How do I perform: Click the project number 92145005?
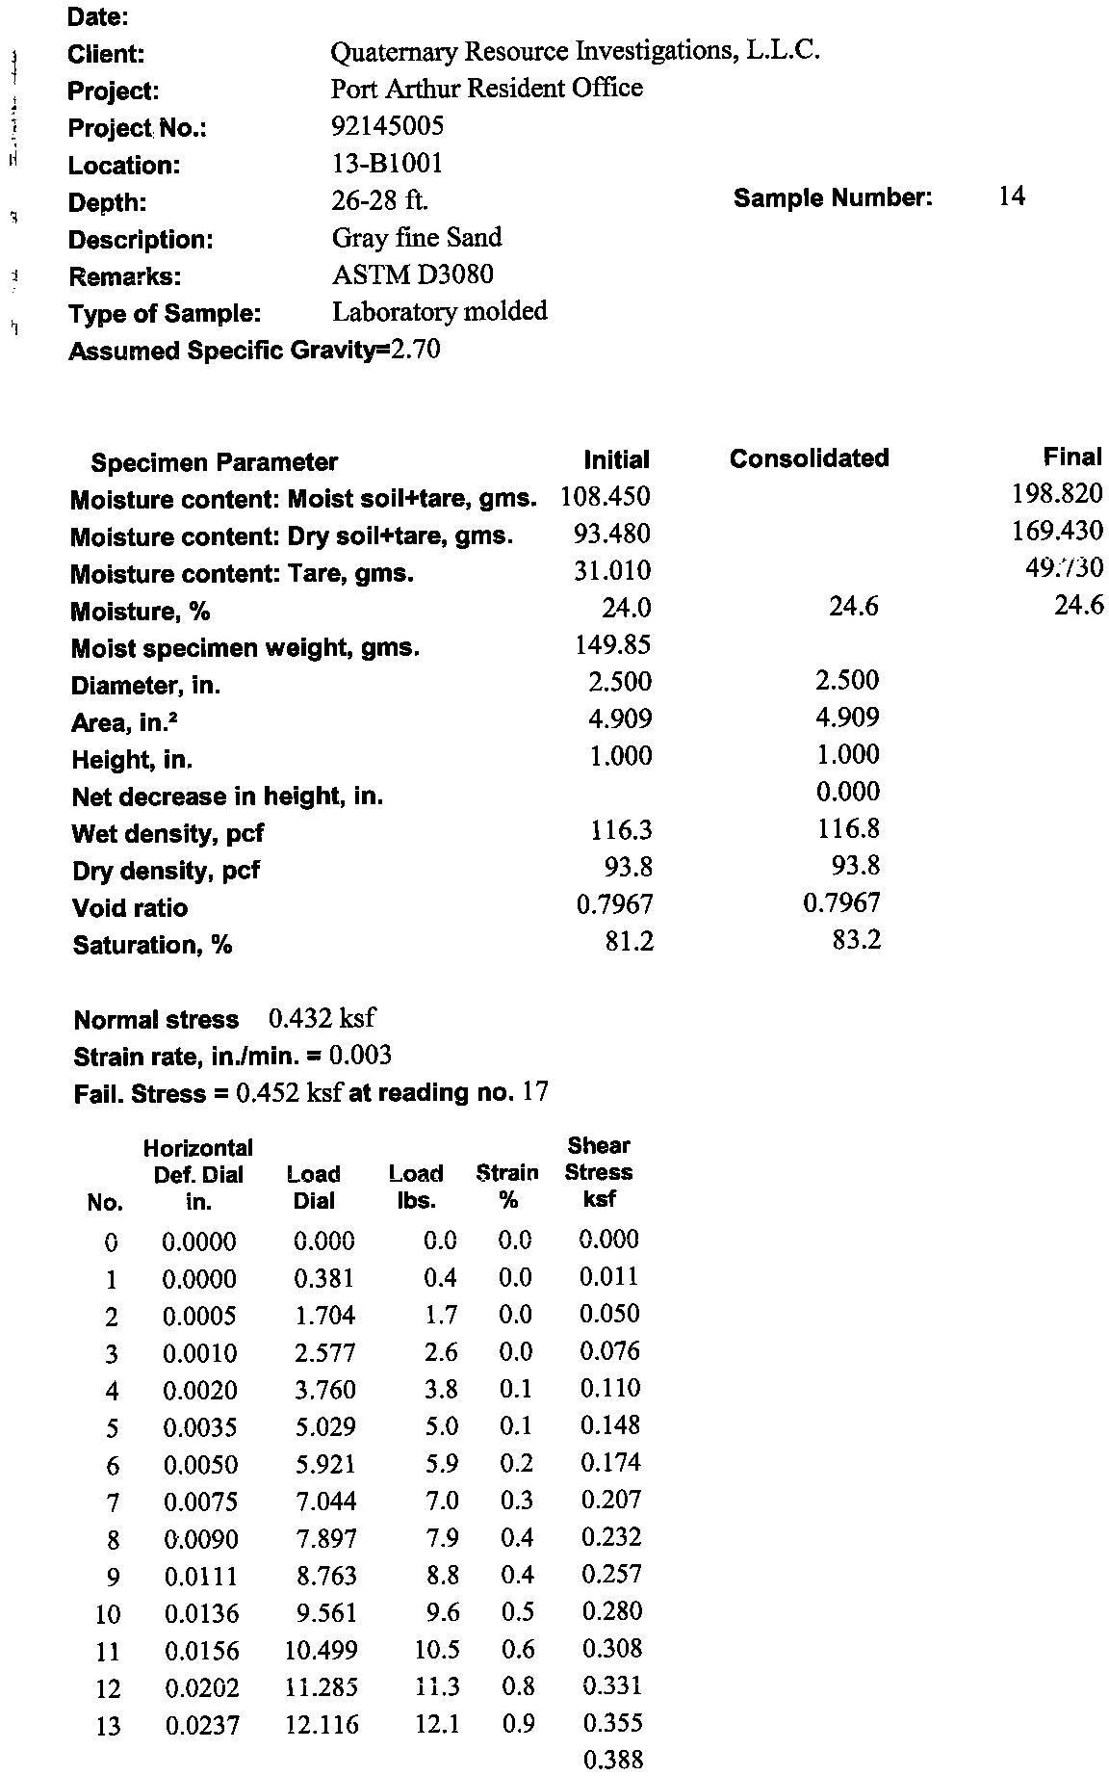tap(387, 126)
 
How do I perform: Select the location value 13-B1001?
tap(387, 164)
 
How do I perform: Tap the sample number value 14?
tap(1012, 197)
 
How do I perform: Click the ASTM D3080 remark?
tap(412, 275)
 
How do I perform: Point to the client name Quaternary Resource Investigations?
tap(575, 51)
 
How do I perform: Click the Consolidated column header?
tap(809, 458)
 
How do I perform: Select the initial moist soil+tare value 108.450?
tap(606, 497)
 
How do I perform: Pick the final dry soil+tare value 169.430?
tap(1057, 531)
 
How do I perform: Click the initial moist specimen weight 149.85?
tap(612, 644)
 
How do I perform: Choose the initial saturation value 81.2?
tap(629, 941)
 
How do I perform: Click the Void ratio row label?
tap(130, 908)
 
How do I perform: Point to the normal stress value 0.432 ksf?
tap(322, 1018)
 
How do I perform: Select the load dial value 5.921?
tap(324, 1464)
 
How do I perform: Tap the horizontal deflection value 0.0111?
tap(200, 1577)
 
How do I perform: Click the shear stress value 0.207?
tap(610, 1500)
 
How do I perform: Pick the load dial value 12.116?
tap(322, 1725)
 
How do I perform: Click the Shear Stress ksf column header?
tap(598, 1172)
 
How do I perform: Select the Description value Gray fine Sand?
tap(416, 238)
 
